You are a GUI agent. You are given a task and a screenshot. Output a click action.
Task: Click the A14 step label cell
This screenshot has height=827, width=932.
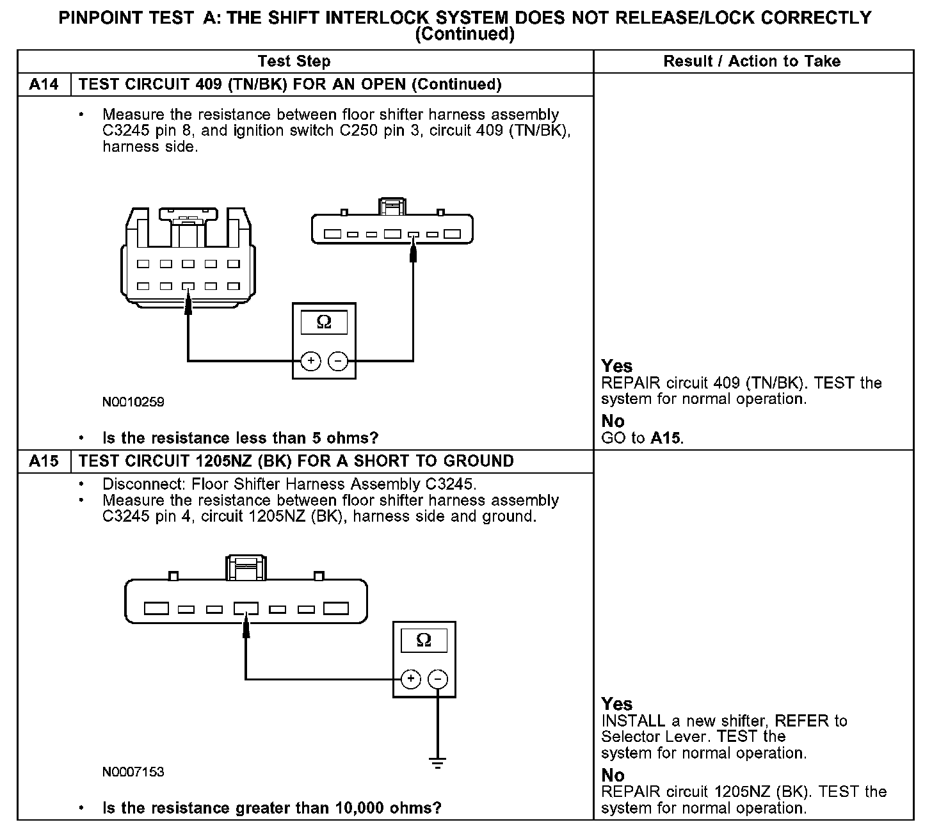[44, 84]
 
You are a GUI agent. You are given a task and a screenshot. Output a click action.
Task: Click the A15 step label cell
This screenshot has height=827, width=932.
[44, 462]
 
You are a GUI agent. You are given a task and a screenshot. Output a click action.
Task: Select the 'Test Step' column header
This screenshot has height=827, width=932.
[294, 61]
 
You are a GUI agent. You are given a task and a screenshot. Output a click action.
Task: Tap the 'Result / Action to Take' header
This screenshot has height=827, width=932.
[752, 61]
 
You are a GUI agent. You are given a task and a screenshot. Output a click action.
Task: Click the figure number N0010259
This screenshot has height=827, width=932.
[133, 402]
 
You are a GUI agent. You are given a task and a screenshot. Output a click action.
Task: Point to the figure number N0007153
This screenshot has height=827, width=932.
[133, 772]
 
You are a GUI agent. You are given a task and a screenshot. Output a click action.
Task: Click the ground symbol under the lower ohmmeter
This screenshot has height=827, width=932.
[438, 764]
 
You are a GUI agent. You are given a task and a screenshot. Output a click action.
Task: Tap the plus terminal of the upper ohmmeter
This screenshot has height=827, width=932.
[310, 361]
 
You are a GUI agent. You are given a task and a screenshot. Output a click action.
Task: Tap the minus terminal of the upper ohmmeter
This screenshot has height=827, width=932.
[337, 361]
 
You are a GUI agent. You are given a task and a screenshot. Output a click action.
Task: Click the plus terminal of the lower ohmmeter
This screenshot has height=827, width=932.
[410, 679]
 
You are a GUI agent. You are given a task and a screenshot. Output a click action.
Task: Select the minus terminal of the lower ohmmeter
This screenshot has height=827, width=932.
[438, 679]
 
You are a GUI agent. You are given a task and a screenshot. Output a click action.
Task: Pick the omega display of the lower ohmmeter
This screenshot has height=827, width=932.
[424, 640]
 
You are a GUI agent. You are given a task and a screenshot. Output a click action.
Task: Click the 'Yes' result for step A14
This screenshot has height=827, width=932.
[617, 366]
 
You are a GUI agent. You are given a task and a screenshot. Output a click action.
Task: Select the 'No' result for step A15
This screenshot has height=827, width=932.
[613, 775]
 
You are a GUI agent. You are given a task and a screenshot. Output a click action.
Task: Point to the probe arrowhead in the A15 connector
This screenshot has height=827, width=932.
[246, 627]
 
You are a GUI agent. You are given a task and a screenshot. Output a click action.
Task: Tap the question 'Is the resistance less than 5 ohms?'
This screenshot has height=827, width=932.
[240, 438]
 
